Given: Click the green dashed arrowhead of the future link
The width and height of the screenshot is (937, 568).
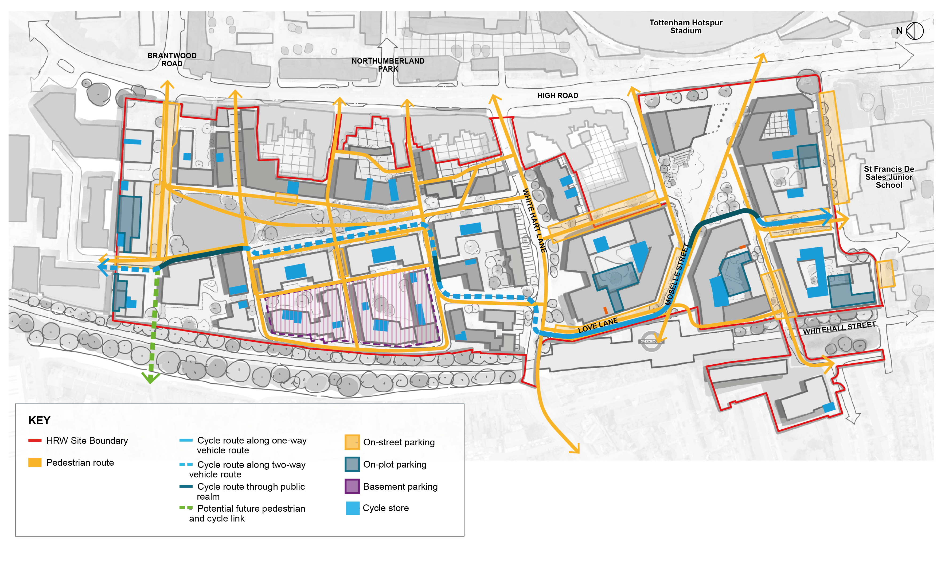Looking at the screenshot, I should (x=151, y=379).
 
